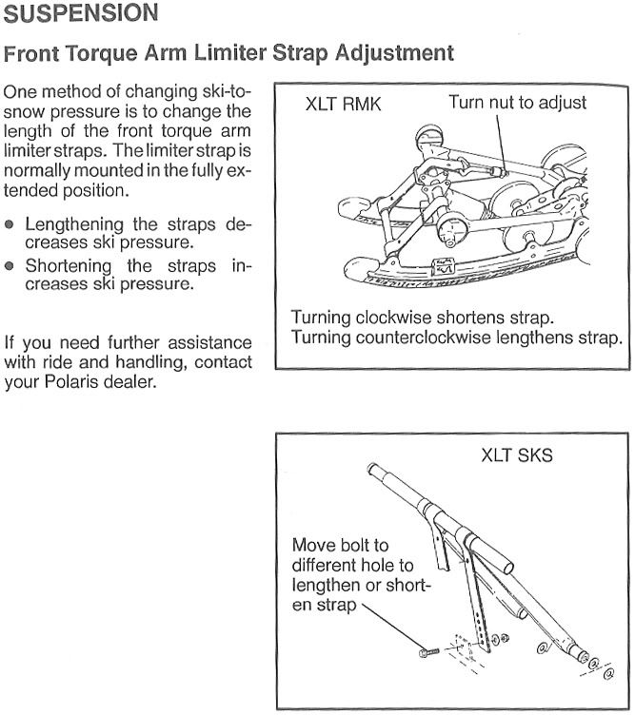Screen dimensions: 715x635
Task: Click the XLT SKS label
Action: [x=516, y=455]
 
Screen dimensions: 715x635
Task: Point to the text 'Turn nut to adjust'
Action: [x=517, y=103]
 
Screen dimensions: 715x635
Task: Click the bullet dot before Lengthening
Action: [x=10, y=225]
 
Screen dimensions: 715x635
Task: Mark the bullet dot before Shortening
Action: [x=10, y=267]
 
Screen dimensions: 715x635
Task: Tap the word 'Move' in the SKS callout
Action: [x=313, y=546]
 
